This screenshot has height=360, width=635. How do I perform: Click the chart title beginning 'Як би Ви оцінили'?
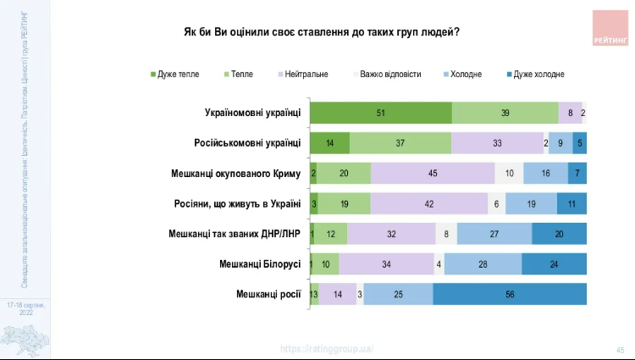[322, 32]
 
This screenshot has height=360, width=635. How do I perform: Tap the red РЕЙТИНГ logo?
[610, 28]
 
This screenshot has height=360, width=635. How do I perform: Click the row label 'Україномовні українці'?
[252, 113]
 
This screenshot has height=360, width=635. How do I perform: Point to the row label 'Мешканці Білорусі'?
[259, 264]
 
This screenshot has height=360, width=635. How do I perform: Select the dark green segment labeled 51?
[380, 113]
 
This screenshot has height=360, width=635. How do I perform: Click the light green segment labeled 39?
[505, 113]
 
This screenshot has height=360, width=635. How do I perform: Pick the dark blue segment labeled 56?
[509, 295]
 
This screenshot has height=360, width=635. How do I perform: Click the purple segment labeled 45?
[433, 174]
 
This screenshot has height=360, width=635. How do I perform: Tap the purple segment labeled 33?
[497, 143]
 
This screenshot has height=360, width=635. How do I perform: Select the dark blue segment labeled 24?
[554, 264]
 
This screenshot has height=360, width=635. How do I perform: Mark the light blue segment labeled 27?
[494, 234]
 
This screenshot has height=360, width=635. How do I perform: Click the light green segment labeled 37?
[400, 143]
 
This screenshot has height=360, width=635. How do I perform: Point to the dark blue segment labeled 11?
[571, 203]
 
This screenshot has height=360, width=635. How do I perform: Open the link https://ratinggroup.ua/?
[327, 349]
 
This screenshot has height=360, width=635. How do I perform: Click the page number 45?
[620, 350]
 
